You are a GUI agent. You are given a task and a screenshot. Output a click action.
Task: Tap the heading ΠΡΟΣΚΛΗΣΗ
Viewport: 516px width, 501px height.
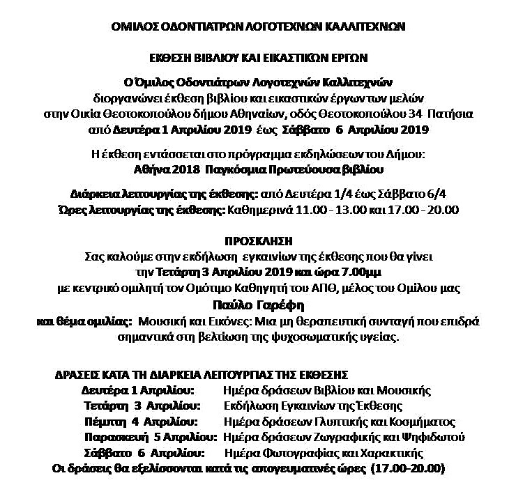259,241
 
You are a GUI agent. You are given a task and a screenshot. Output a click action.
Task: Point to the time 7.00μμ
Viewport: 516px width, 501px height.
365,270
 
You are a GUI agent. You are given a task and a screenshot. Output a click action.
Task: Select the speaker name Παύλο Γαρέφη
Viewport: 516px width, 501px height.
259,305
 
